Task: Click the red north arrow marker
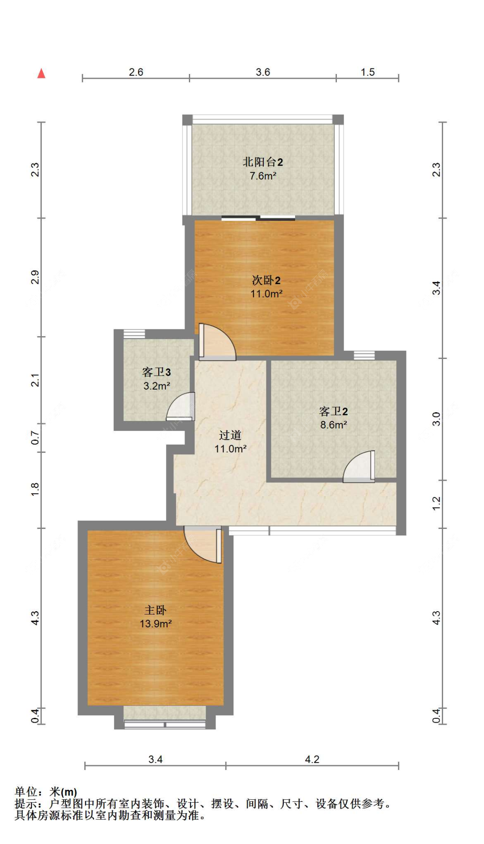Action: [41, 74]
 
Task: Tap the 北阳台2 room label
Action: [262, 162]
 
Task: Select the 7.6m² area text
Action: [262, 176]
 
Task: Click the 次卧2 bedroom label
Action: [266, 280]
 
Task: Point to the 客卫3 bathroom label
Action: [156, 372]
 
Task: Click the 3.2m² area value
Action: [156, 386]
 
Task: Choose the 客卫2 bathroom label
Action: [333, 411]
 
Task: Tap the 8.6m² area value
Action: [333, 425]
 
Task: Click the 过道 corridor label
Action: [230, 435]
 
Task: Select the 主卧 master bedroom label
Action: [155, 610]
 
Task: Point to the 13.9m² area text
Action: [155, 624]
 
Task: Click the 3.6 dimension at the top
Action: [262, 72]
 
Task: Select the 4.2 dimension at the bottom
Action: [312, 759]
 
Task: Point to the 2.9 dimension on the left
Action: [35, 277]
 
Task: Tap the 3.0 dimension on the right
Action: [436, 419]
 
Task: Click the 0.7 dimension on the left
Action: [35, 438]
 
